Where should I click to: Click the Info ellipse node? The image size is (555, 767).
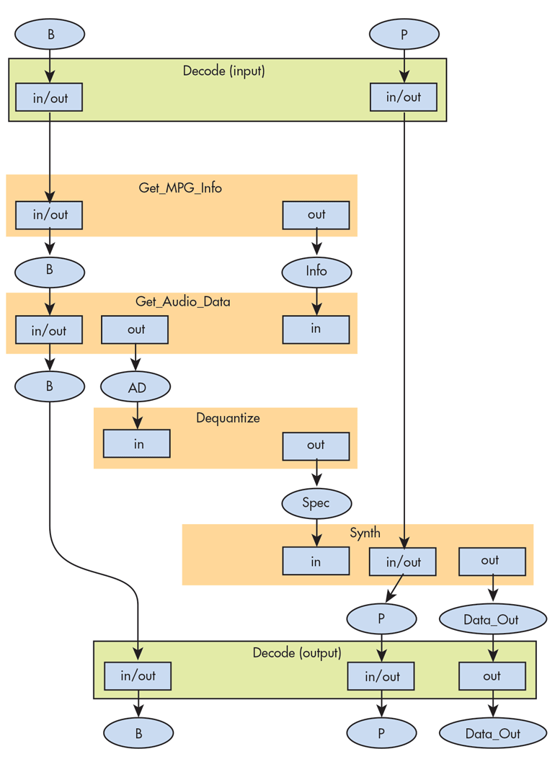[x=316, y=272]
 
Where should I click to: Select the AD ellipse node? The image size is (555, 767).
[x=136, y=388]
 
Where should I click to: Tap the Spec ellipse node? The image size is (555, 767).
[x=316, y=503]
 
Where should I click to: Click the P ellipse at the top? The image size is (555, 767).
[x=404, y=34]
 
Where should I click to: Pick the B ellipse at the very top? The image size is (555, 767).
[x=50, y=34]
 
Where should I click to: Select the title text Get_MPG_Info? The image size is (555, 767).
[x=180, y=188]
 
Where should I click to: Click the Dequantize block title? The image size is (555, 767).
[x=228, y=418]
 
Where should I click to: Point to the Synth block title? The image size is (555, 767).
[x=365, y=533]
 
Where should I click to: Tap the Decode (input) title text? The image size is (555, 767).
[x=223, y=71]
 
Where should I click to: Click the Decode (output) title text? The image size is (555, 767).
[x=297, y=653]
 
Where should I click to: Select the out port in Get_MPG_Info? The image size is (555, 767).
[x=316, y=215]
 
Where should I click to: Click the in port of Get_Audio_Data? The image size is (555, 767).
[x=316, y=329]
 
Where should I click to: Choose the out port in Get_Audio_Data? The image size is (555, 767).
[x=135, y=330]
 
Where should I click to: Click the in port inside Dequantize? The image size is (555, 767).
[x=137, y=444]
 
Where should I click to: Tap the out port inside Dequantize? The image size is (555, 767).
[x=316, y=445]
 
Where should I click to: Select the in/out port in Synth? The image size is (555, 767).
[x=403, y=562]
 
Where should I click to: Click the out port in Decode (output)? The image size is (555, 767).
[x=492, y=676]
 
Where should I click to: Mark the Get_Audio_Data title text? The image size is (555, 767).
[x=183, y=302]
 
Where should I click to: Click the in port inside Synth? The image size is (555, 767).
[x=316, y=562]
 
